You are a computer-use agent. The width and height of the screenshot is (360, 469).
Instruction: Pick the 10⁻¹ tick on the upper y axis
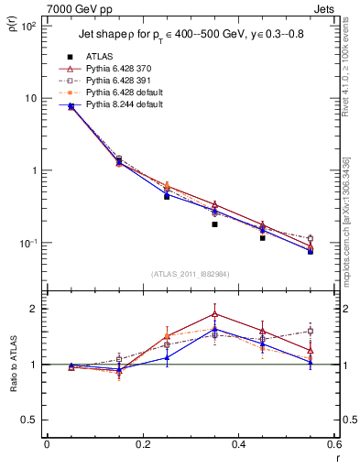pyautogui.click(x=27, y=243)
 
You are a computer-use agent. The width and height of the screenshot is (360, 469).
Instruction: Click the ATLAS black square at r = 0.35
pyautogui.click(x=214, y=224)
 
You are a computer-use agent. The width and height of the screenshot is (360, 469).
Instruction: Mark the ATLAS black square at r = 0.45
pyautogui.click(x=262, y=238)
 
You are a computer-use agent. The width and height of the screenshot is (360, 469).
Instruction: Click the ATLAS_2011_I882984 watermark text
pyautogui.click(x=190, y=273)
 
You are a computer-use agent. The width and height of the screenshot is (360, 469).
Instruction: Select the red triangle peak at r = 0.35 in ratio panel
pyautogui.click(x=214, y=313)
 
